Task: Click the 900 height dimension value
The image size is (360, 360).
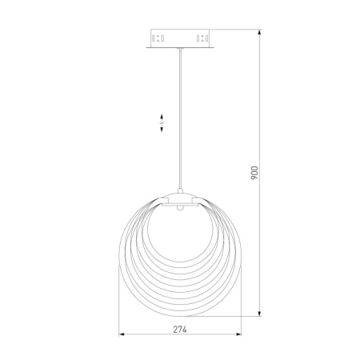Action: (x=254, y=173)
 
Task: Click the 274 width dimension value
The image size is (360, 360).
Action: (x=180, y=330)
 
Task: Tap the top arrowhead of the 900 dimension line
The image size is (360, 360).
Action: (x=259, y=32)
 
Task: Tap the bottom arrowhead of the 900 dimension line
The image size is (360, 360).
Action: (x=259, y=314)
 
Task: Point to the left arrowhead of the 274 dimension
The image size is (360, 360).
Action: (x=122, y=334)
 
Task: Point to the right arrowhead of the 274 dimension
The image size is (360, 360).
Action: (x=238, y=334)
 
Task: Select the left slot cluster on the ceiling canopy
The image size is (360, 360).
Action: (x=158, y=38)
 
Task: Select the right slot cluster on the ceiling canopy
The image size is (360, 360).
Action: (x=202, y=38)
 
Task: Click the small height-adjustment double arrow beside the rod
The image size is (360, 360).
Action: (x=162, y=122)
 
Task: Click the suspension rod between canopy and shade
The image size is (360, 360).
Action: (x=180, y=118)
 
